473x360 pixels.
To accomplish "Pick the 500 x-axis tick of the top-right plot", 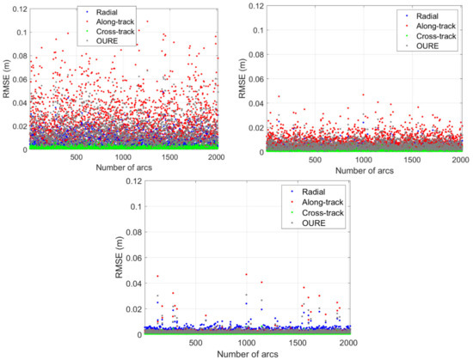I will click(x=316, y=160).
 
